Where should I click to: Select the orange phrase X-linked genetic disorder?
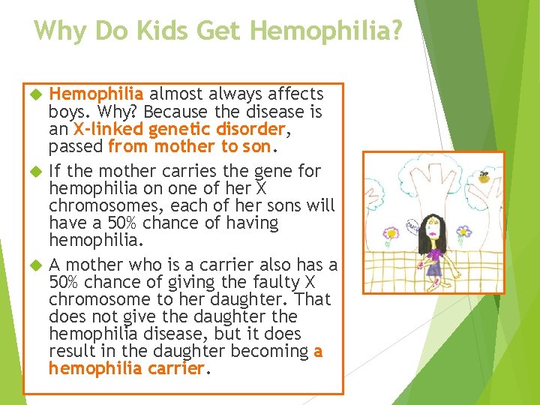pos(181,129)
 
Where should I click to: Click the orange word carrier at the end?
pos(178,369)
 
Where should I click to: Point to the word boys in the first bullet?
pos(66,112)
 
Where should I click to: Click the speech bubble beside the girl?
pos(412,224)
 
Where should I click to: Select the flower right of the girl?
pos(464,232)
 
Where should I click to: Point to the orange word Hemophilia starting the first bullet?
pos(96,94)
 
